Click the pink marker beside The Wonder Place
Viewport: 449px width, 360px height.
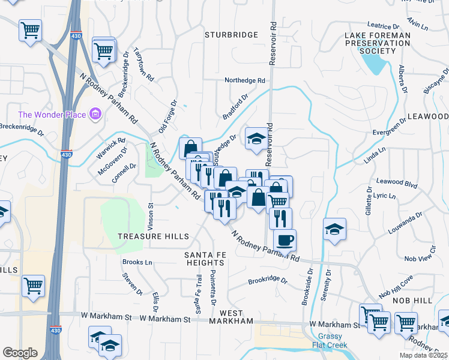94,113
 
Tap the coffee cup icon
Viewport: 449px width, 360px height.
285,239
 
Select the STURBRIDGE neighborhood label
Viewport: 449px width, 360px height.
231,35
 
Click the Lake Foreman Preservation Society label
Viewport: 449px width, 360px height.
378,44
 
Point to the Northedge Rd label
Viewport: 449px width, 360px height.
244,80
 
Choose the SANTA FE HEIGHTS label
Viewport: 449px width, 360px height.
204,259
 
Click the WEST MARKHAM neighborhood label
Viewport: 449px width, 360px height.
231,317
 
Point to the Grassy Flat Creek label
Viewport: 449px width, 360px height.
331,341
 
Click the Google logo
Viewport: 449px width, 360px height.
20,353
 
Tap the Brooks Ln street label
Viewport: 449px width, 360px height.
137,262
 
